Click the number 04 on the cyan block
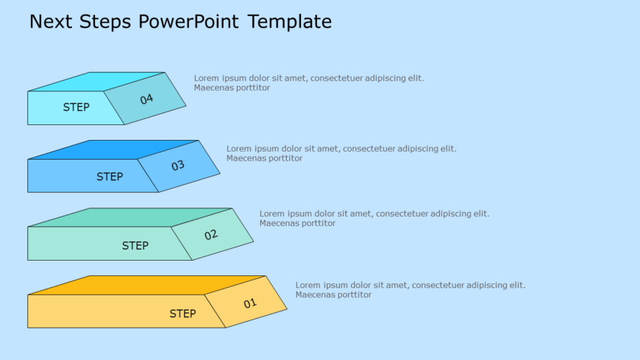(146, 99)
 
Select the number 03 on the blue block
(178, 166)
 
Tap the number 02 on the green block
(211, 235)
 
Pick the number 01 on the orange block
(250, 303)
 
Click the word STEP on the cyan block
(76, 107)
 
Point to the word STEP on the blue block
(110, 177)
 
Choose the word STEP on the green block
(135, 246)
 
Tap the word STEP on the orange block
(182, 314)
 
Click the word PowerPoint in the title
(188, 22)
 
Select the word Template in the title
(290, 22)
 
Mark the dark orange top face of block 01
(147, 285)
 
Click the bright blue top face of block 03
(114, 149)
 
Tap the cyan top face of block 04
(96, 81)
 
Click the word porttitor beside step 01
(353, 294)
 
